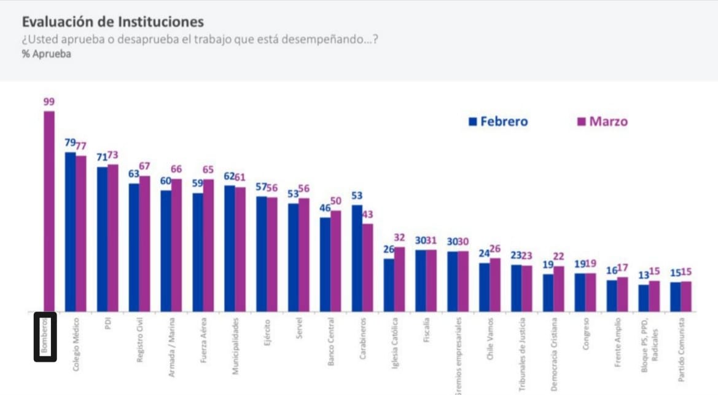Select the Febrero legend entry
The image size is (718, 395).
pyautogui.click(x=498, y=121)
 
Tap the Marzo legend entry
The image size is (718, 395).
pyautogui.click(x=603, y=121)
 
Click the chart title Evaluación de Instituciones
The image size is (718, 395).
pyautogui.click(x=112, y=22)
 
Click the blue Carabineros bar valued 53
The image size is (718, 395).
pyautogui.click(x=357, y=258)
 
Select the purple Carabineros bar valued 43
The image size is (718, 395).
pyautogui.click(x=367, y=267)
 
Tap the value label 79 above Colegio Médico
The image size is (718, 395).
pyautogui.click(x=70, y=143)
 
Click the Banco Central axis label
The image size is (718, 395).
pyautogui.click(x=330, y=342)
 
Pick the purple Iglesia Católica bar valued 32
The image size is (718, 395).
pyautogui.click(x=399, y=279)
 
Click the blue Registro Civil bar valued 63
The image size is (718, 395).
pyautogui.click(x=133, y=247)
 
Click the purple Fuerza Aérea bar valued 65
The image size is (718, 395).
pyautogui.click(x=208, y=245)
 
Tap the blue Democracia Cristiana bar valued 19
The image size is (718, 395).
pyautogui.click(x=548, y=292)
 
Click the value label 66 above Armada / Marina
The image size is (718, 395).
pyautogui.click(x=176, y=169)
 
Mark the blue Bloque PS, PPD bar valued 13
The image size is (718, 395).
pyautogui.click(x=644, y=298)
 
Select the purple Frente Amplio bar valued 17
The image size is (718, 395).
pyautogui.click(x=622, y=294)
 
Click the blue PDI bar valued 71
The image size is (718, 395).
pyautogui.click(x=102, y=239)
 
